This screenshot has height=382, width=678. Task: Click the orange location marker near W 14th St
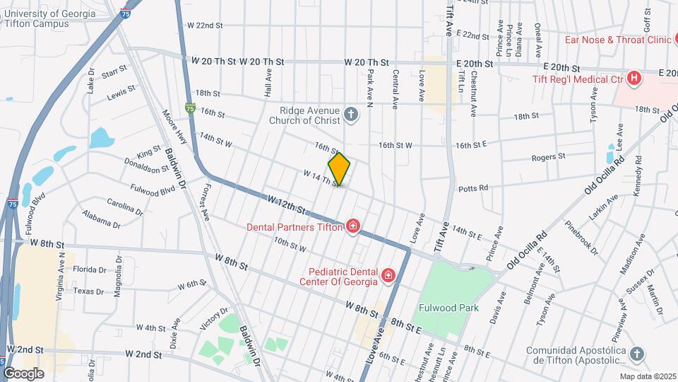(340, 169)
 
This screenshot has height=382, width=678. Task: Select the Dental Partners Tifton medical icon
(352, 227)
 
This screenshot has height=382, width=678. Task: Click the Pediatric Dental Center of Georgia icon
(388, 274)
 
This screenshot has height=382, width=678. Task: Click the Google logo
(23, 373)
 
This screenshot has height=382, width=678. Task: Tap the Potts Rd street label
(473, 188)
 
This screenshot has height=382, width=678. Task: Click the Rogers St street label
(549, 157)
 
